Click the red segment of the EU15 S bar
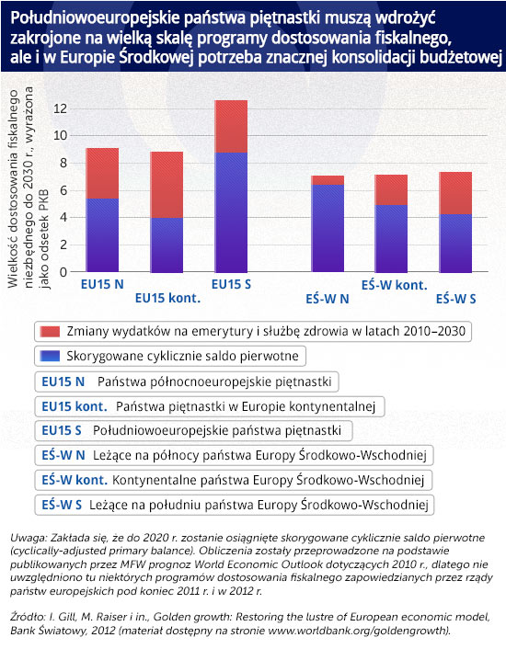click(x=231, y=127)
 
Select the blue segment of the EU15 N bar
click(x=102, y=235)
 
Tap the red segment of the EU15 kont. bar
click(x=167, y=185)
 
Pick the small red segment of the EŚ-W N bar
click(x=328, y=180)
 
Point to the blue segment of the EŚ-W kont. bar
click(x=391, y=238)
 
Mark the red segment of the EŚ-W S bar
click(x=455, y=193)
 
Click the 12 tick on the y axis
click(x=60, y=108)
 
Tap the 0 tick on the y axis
click(x=63, y=272)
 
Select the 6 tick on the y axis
click(x=63, y=190)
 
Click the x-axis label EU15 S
click(x=231, y=284)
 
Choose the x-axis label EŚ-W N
click(x=328, y=299)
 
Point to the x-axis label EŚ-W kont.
click(x=394, y=285)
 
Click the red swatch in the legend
click(x=50, y=332)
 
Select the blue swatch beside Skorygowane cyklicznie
click(x=50, y=356)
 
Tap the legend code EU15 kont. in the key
click(x=75, y=406)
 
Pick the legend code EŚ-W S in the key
click(x=62, y=505)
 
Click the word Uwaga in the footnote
click(x=29, y=538)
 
